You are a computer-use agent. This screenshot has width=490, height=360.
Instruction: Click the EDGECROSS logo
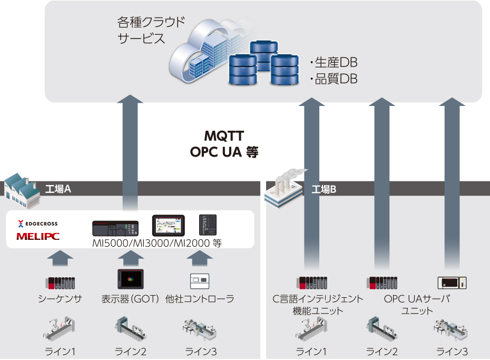(x=38, y=223)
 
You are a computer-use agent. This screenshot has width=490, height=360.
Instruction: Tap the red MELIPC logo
(x=38, y=236)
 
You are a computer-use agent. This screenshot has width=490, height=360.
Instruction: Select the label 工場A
(x=58, y=189)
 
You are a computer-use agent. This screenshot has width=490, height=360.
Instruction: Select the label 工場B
(x=324, y=189)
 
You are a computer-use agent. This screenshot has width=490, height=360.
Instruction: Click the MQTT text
(x=224, y=136)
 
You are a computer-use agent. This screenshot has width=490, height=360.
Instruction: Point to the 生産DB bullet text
(x=334, y=63)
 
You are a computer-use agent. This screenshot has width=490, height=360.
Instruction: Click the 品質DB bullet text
(x=334, y=79)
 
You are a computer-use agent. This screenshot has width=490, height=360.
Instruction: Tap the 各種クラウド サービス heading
(x=151, y=31)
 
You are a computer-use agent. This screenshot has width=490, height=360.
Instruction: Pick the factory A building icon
(x=23, y=191)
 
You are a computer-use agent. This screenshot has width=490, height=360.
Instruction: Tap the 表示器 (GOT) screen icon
(x=131, y=279)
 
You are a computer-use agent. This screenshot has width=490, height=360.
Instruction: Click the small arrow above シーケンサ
(x=60, y=258)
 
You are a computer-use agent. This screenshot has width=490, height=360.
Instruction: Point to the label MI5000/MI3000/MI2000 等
(x=157, y=243)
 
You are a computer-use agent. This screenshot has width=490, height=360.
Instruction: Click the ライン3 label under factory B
(x=452, y=352)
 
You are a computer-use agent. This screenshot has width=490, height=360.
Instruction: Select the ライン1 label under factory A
(x=60, y=352)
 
